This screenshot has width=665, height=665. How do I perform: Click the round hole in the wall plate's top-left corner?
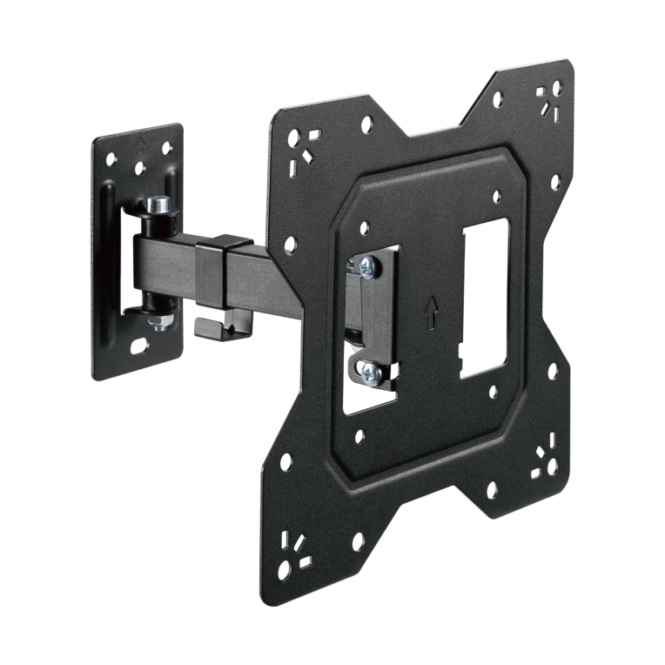pyautogui.click(x=111, y=159)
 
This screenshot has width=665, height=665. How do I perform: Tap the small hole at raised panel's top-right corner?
pyautogui.click(x=496, y=196)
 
